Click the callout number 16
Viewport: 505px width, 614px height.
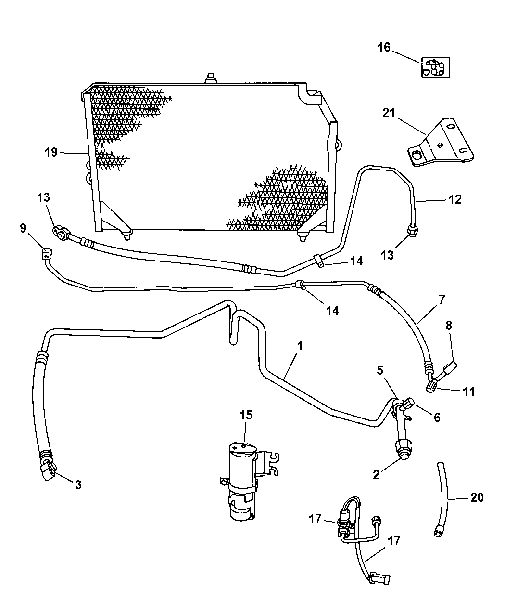click(384, 47)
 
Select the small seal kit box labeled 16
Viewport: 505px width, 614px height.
click(436, 67)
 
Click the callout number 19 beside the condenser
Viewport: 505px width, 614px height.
click(51, 152)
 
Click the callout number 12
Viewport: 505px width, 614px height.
click(455, 200)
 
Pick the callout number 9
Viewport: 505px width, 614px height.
click(23, 228)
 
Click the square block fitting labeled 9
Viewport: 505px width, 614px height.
click(47, 253)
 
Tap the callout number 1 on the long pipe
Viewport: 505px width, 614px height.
click(300, 346)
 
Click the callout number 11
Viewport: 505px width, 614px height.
click(468, 392)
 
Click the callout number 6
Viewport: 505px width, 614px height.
click(437, 417)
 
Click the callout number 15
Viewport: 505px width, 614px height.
click(246, 415)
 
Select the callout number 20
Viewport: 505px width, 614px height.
click(477, 497)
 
